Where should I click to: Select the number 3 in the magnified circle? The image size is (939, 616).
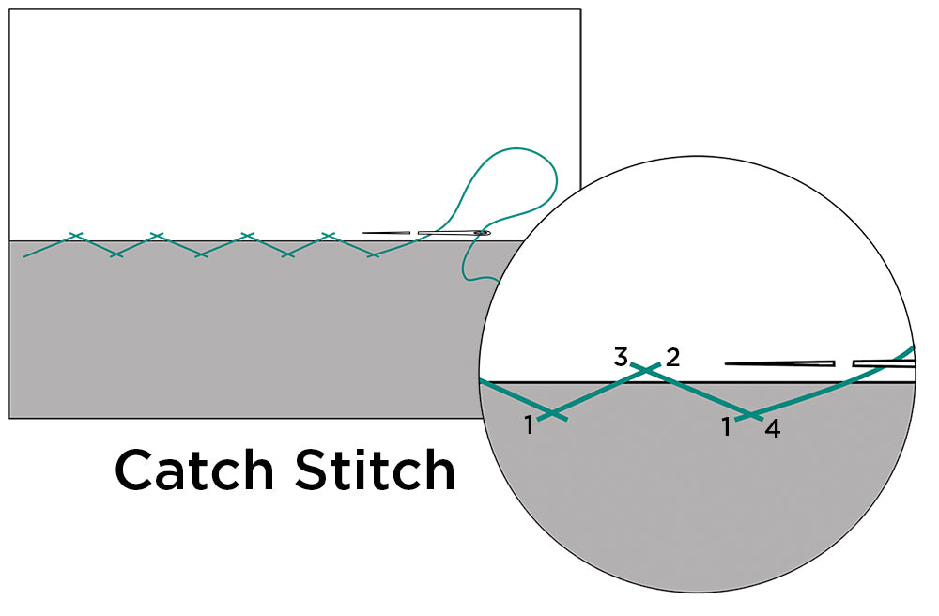point(621,357)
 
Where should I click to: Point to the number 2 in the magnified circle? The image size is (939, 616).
point(672,357)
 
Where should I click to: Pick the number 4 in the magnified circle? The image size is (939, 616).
point(772,430)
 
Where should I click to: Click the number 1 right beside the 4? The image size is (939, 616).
point(726,426)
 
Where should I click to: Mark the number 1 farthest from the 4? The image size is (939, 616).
point(530,425)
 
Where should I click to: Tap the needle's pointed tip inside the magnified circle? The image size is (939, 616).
point(729,363)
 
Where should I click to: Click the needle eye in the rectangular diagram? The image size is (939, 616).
point(482,233)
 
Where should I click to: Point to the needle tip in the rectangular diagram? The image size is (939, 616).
point(364,233)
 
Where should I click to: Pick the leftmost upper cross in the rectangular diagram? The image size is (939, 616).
point(75,235)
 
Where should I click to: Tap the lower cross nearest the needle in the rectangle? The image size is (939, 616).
point(374,254)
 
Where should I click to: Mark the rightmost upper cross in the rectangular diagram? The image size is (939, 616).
point(328,235)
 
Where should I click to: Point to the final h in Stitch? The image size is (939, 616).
point(439,469)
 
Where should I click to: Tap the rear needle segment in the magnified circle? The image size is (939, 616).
point(883,363)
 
